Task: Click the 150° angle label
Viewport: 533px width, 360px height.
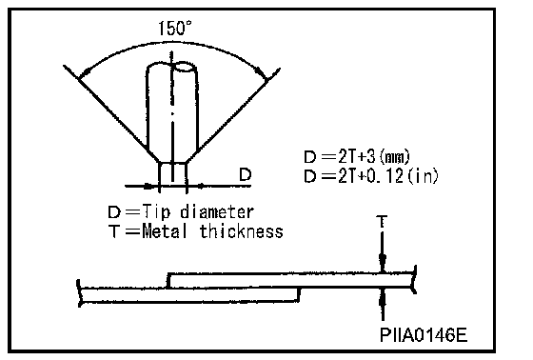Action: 175,29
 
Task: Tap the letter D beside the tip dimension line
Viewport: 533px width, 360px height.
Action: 246,174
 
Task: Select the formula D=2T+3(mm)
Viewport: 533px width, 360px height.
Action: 357,156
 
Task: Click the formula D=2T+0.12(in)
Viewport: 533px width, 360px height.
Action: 371,176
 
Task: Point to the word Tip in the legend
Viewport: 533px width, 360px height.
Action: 156,211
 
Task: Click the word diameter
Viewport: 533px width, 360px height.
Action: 217,211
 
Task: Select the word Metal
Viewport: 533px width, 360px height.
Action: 165,231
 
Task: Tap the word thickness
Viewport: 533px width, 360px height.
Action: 242,231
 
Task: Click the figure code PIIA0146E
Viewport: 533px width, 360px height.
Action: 424,335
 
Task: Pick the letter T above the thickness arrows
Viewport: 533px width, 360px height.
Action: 383,221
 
